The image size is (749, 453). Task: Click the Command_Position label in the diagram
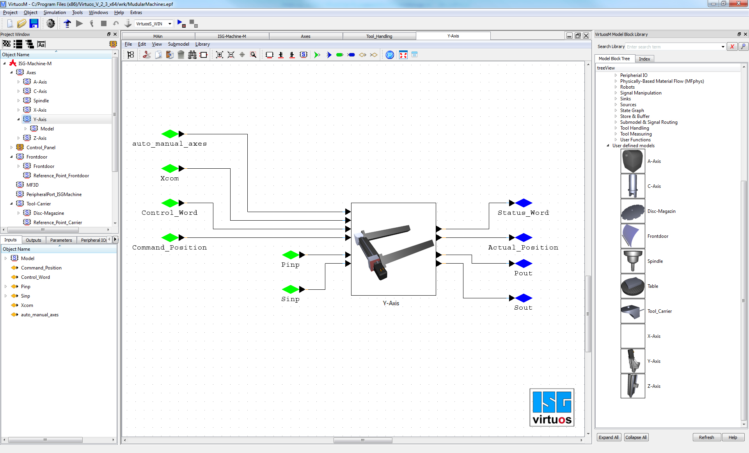tap(169, 248)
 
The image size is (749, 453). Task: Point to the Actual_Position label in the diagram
tap(523, 248)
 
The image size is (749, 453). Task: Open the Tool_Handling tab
tap(379, 36)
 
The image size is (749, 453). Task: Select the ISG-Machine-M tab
tap(232, 36)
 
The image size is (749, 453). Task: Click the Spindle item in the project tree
tap(41, 101)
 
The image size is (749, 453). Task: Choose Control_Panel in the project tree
tap(41, 148)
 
